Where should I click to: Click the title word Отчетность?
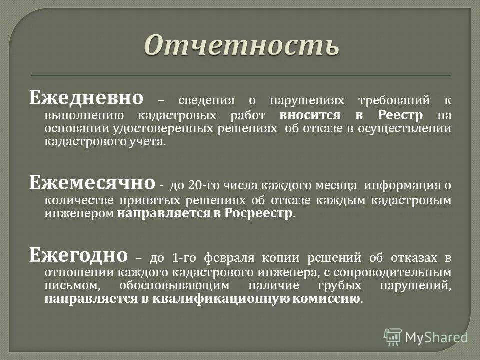(x=242, y=46)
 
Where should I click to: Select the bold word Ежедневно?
(x=86, y=97)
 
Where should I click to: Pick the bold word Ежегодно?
(x=79, y=255)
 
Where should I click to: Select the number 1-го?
(x=182, y=258)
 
